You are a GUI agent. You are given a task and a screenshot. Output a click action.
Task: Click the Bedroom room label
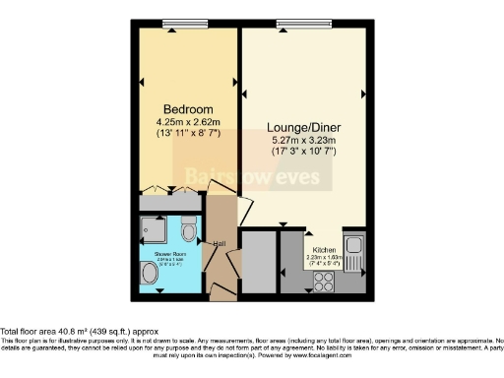184,108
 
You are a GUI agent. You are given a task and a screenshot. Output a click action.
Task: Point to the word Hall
221,243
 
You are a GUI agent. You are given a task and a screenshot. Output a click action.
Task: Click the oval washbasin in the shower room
150,277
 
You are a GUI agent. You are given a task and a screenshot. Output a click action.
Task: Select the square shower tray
155,230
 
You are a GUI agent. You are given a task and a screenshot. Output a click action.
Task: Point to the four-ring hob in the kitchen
323,281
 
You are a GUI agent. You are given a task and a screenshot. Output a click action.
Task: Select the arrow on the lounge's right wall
363,94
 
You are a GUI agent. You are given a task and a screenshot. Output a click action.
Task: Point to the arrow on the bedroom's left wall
135,79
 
